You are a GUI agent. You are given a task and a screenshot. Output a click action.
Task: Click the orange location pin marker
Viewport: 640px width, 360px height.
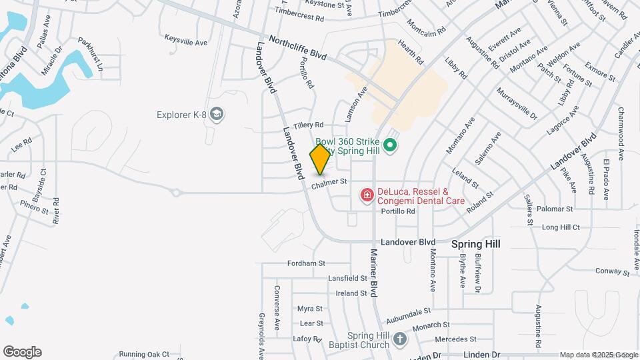coord(321,159)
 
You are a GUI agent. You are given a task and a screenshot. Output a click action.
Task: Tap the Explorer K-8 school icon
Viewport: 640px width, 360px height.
coord(216,115)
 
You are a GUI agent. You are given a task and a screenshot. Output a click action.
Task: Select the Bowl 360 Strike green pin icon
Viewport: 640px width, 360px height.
coord(391,144)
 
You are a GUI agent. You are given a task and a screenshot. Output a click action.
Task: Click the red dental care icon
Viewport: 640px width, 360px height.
coord(366,195)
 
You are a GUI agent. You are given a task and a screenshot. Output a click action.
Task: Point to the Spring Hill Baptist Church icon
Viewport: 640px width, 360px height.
coord(399,339)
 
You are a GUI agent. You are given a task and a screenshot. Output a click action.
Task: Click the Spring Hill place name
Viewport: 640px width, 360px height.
coord(475,244)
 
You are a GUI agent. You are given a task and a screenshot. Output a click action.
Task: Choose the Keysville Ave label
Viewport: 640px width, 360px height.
coord(181,40)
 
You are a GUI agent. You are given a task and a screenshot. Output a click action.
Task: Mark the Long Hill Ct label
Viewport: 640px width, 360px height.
coord(561,227)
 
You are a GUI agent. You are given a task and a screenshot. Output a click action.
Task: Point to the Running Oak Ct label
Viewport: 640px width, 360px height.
coord(144,354)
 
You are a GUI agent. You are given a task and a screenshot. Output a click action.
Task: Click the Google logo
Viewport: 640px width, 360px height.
coord(22,352)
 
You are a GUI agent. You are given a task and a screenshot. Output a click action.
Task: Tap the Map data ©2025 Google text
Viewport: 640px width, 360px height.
coord(598,355)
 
